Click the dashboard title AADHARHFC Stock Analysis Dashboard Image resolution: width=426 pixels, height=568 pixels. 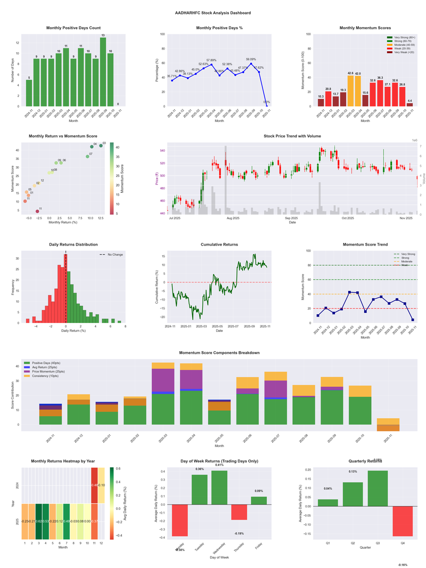[x=213, y=12]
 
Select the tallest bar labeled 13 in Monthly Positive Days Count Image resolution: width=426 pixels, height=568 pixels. [x=103, y=71]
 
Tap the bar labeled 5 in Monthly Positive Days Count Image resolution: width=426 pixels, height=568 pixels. [x=29, y=93]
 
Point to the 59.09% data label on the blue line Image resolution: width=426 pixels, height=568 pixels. [x=251, y=60]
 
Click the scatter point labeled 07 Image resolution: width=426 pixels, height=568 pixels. [x=87, y=157]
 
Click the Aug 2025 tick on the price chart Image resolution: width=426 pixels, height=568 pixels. [x=233, y=218]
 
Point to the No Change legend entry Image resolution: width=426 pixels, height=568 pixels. [x=114, y=255]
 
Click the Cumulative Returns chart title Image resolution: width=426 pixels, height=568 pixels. [x=219, y=245]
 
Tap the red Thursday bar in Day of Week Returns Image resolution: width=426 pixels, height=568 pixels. [x=239, y=512]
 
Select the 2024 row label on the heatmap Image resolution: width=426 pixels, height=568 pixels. [x=17, y=485]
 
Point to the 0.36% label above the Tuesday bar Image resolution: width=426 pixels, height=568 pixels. [x=200, y=469]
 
